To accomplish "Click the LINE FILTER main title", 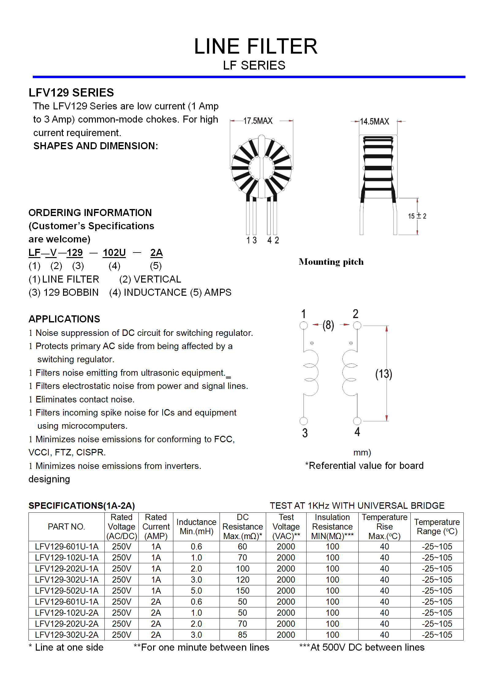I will coord(256,47).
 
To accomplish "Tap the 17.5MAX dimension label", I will coord(258,121).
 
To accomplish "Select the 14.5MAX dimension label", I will coord(374,122).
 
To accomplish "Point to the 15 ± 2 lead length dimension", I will coord(417,216).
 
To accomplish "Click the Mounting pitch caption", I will coord(331,262).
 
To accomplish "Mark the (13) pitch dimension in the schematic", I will coord(383,374).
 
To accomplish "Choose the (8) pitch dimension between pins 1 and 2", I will coord(328,325).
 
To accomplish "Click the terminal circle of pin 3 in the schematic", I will coord(303,421).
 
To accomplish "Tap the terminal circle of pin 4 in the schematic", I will coord(357,421).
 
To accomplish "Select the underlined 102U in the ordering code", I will coord(114,253).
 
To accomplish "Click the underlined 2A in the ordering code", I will coord(156,253).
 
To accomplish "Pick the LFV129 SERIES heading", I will coord(71,93).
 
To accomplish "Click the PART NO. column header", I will coord(66,526).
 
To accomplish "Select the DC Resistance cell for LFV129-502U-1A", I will coord(243,591).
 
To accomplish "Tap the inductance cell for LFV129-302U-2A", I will coord(196,635).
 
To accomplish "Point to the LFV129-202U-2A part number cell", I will coord(66,624).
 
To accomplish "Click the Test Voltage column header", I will coord(286,526).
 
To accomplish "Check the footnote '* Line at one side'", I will coord(66,647).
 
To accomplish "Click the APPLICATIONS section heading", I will coord(64,319).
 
